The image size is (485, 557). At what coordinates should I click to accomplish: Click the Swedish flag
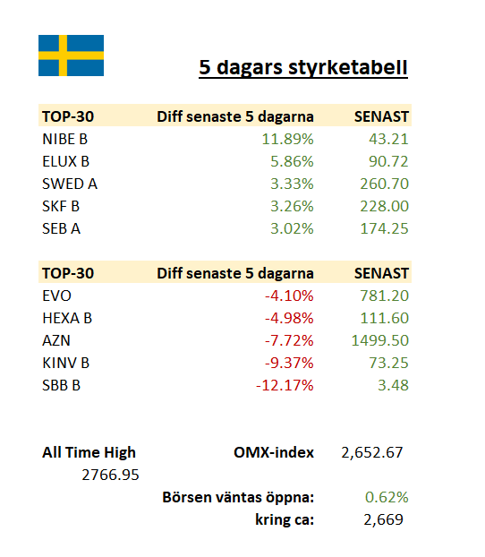click(71, 56)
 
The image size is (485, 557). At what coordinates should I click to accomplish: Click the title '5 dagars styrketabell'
click(303, 67)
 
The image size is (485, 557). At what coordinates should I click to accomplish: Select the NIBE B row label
click(65, 139)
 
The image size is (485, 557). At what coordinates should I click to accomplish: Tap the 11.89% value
click(287, 139)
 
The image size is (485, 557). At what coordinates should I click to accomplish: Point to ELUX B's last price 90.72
click(388, 161)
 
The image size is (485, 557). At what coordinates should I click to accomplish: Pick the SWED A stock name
click(70, 184)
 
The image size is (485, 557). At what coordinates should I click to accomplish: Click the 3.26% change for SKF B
click(292, 206)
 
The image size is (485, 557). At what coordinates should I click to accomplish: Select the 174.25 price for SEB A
click(384, 228)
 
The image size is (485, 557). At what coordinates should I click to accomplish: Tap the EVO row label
click(56, 296)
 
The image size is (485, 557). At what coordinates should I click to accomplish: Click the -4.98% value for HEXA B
click(289, 318)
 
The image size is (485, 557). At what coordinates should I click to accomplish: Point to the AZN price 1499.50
click(380, 340)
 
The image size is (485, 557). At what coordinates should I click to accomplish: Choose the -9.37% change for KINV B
click(289, 363)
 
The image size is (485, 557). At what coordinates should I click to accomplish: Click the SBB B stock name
click(62, 385)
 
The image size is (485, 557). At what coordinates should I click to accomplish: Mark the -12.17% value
click(285, 385)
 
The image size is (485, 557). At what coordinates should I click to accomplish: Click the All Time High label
click(89, 452)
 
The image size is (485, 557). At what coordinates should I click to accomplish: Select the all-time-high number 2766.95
click(110, 475)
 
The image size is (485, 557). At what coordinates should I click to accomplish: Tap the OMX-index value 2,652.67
click(372, 452)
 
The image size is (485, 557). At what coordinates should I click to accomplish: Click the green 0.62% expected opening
click(387, 497)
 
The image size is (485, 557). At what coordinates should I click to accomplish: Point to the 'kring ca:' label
click(285, 519)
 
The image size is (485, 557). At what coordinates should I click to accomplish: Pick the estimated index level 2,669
click(384, 519)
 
